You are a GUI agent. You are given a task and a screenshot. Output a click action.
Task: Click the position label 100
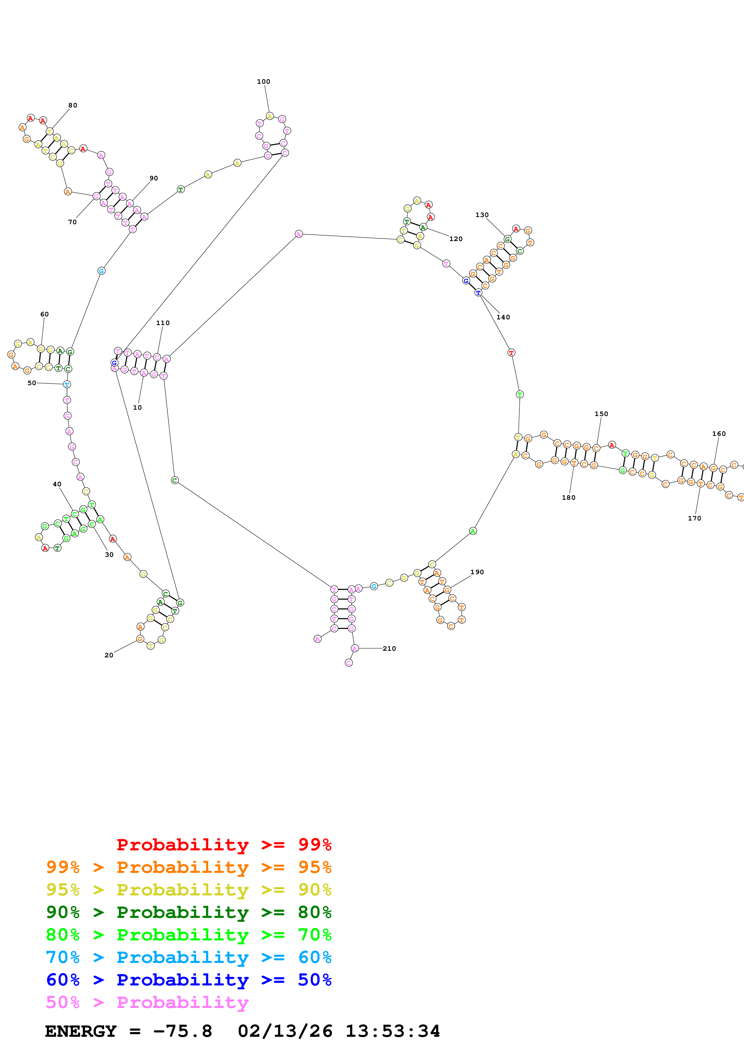coord(263,82)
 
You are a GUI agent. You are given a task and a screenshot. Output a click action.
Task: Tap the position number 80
coord(72,105)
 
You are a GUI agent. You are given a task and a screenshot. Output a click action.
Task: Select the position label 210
coord(389,648)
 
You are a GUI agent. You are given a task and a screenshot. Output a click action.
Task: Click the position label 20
coord(109,655)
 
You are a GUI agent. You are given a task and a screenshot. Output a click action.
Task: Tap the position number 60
coord(44,314)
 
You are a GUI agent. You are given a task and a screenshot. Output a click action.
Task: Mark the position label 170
coord(694,518)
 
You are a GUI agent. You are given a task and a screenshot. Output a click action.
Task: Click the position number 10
coord(137,407)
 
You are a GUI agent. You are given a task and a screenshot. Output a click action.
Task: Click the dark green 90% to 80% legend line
coord(188,912)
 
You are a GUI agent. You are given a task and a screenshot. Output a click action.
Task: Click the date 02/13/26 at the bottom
coord(285,1031)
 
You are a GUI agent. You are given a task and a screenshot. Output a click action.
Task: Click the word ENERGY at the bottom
coord(81,1031)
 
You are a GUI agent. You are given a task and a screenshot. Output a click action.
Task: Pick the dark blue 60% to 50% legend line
coord(188,980)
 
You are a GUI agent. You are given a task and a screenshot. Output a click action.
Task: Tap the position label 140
coord(503,317)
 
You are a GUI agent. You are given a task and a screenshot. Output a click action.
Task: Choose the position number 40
coord(57,484)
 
